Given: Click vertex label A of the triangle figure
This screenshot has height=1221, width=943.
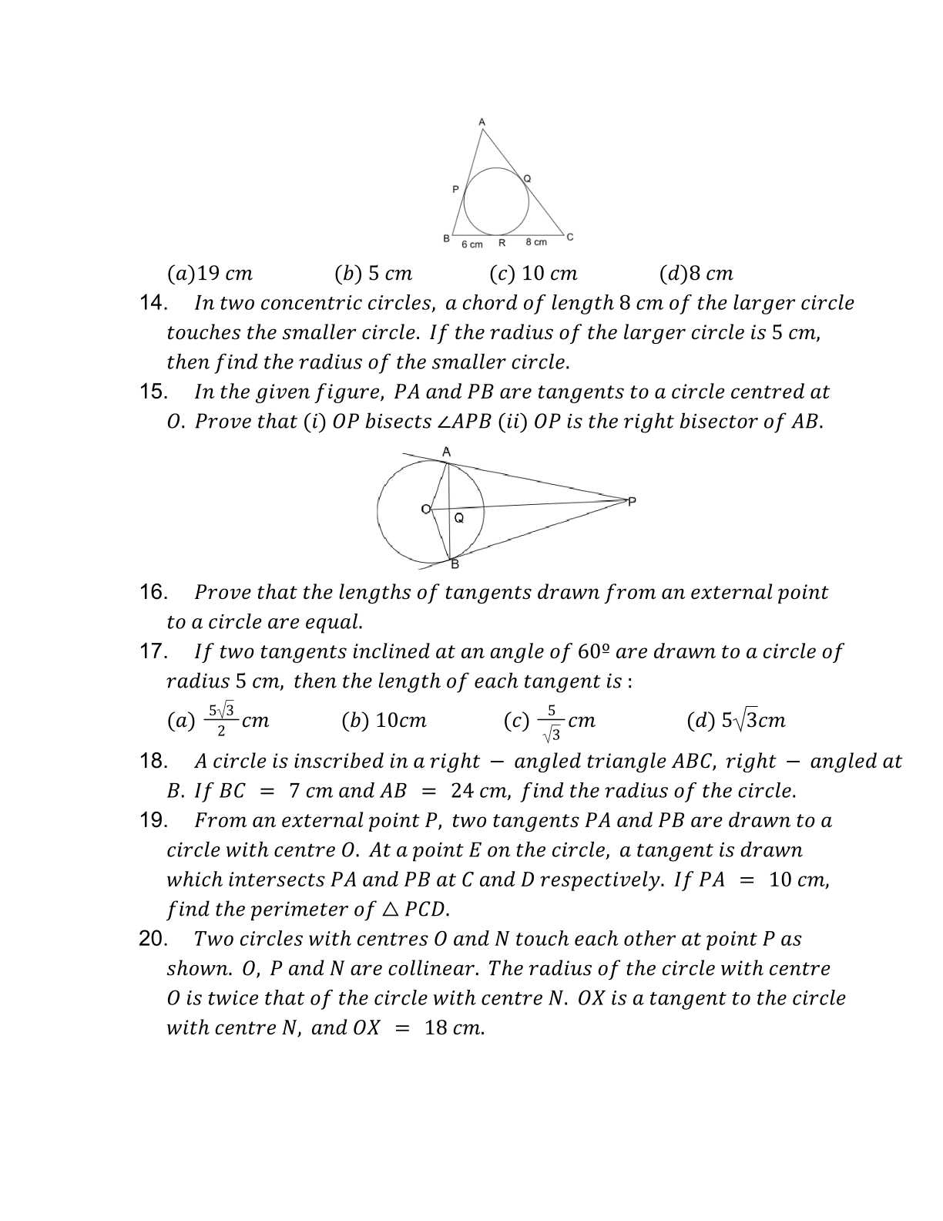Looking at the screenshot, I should click(482, 122).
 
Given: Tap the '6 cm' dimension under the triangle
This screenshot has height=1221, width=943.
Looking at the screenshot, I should click(471, 244).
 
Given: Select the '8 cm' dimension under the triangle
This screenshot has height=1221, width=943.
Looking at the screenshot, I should click(536, 242).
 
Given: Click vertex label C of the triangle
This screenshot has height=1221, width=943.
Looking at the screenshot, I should click(570, 237).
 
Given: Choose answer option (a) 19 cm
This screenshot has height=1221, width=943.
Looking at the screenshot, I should click(210, 274).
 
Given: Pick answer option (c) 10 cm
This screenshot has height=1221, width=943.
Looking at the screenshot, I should click(533, 274).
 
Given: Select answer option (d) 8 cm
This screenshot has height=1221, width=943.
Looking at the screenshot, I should click(696, 274).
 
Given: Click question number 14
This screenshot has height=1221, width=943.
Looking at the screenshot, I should click(153, 303).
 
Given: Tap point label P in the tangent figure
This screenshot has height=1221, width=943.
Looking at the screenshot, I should click(633, 502).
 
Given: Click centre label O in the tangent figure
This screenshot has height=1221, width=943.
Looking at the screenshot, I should click(425, 509).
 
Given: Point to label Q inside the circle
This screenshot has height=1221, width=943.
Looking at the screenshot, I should click(459, 519).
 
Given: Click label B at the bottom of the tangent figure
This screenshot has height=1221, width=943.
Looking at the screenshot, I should click(455, 564).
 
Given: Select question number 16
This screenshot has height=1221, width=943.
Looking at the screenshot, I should click(153, 592).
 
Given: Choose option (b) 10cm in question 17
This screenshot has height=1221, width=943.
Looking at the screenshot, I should click(384, 721).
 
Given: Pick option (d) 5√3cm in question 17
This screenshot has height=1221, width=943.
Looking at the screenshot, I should click(736, 721).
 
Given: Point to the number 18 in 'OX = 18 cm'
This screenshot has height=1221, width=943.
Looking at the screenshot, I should click(437, 1028).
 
